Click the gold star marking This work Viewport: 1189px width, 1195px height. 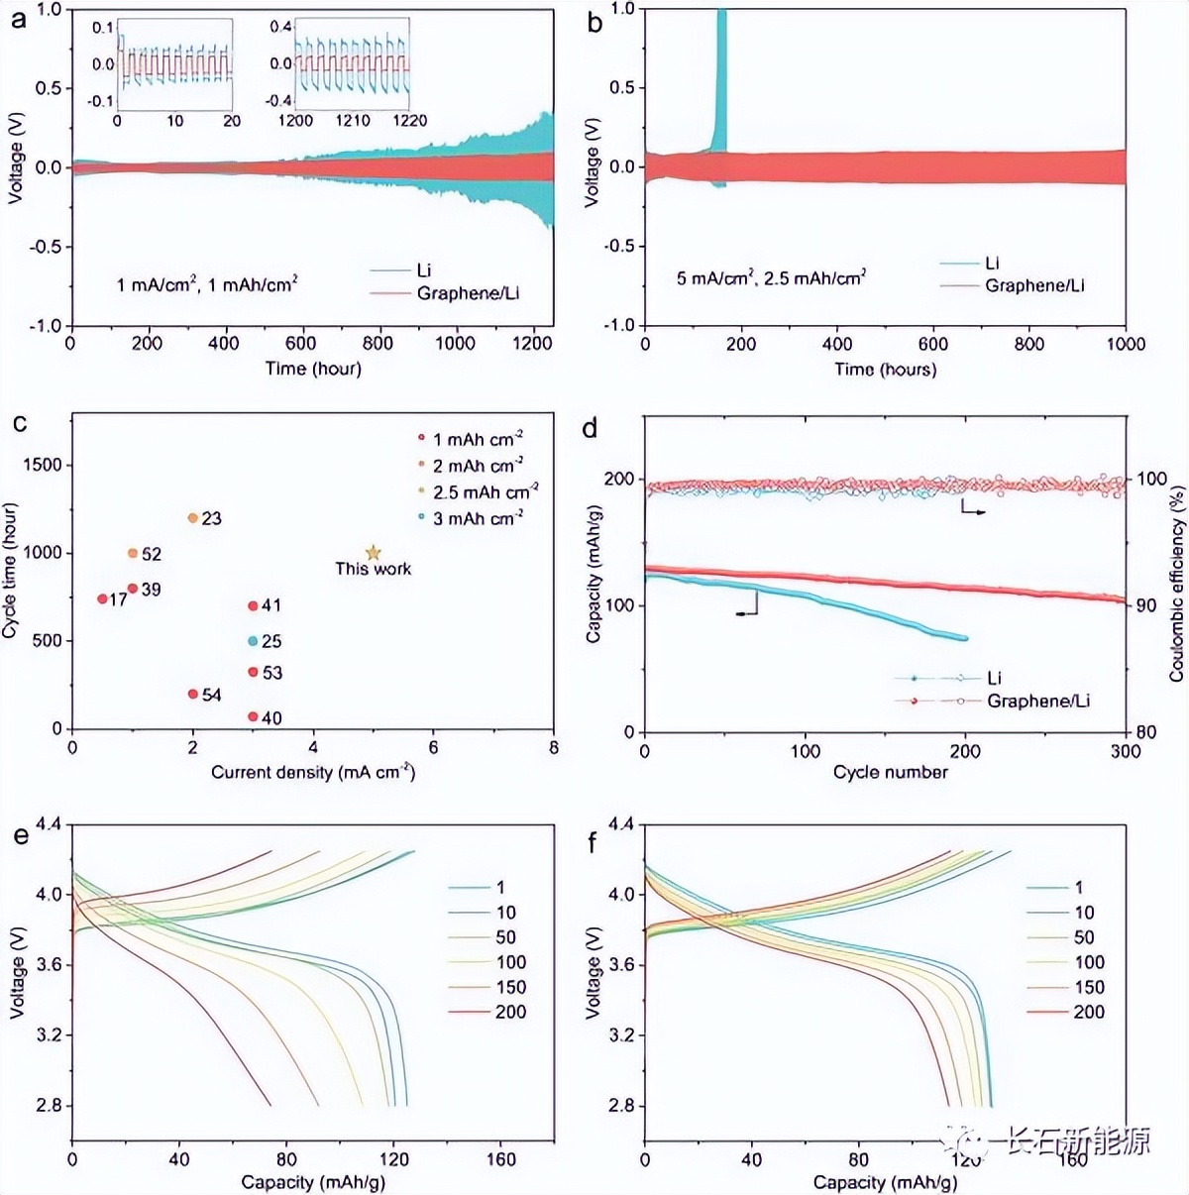tap(373, 553)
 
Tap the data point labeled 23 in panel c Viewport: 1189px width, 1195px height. tap(193, 518)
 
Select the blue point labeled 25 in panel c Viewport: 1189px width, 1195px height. tap(253, 641)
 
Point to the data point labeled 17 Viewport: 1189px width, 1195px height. tap(102, 598)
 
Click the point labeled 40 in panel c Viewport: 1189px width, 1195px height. tap(253, 716)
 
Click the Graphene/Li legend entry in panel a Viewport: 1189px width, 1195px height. tap(467, 293)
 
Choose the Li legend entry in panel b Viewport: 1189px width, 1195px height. tap(992, 263)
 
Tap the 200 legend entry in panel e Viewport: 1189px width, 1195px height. tap(509, 1012)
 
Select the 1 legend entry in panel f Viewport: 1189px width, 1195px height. tap(1078, 887)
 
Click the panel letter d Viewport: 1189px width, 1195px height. tap(591, 428)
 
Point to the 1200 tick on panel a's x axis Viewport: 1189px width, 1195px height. tap(532, 343)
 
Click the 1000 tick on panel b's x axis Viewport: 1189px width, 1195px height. tap(1126, 344)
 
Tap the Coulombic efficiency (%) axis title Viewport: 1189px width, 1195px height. tap(1177, 583)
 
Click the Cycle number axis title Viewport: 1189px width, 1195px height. tap(890, 772)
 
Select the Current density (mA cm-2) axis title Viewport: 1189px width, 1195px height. tap(312, 772)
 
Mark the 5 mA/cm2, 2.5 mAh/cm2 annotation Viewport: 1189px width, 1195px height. tap(771, 278)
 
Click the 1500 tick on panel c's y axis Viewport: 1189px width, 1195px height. tap(44, 465)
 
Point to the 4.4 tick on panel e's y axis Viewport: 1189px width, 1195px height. tap(49, 824)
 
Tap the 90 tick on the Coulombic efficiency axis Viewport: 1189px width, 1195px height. tap(1145, 605)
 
